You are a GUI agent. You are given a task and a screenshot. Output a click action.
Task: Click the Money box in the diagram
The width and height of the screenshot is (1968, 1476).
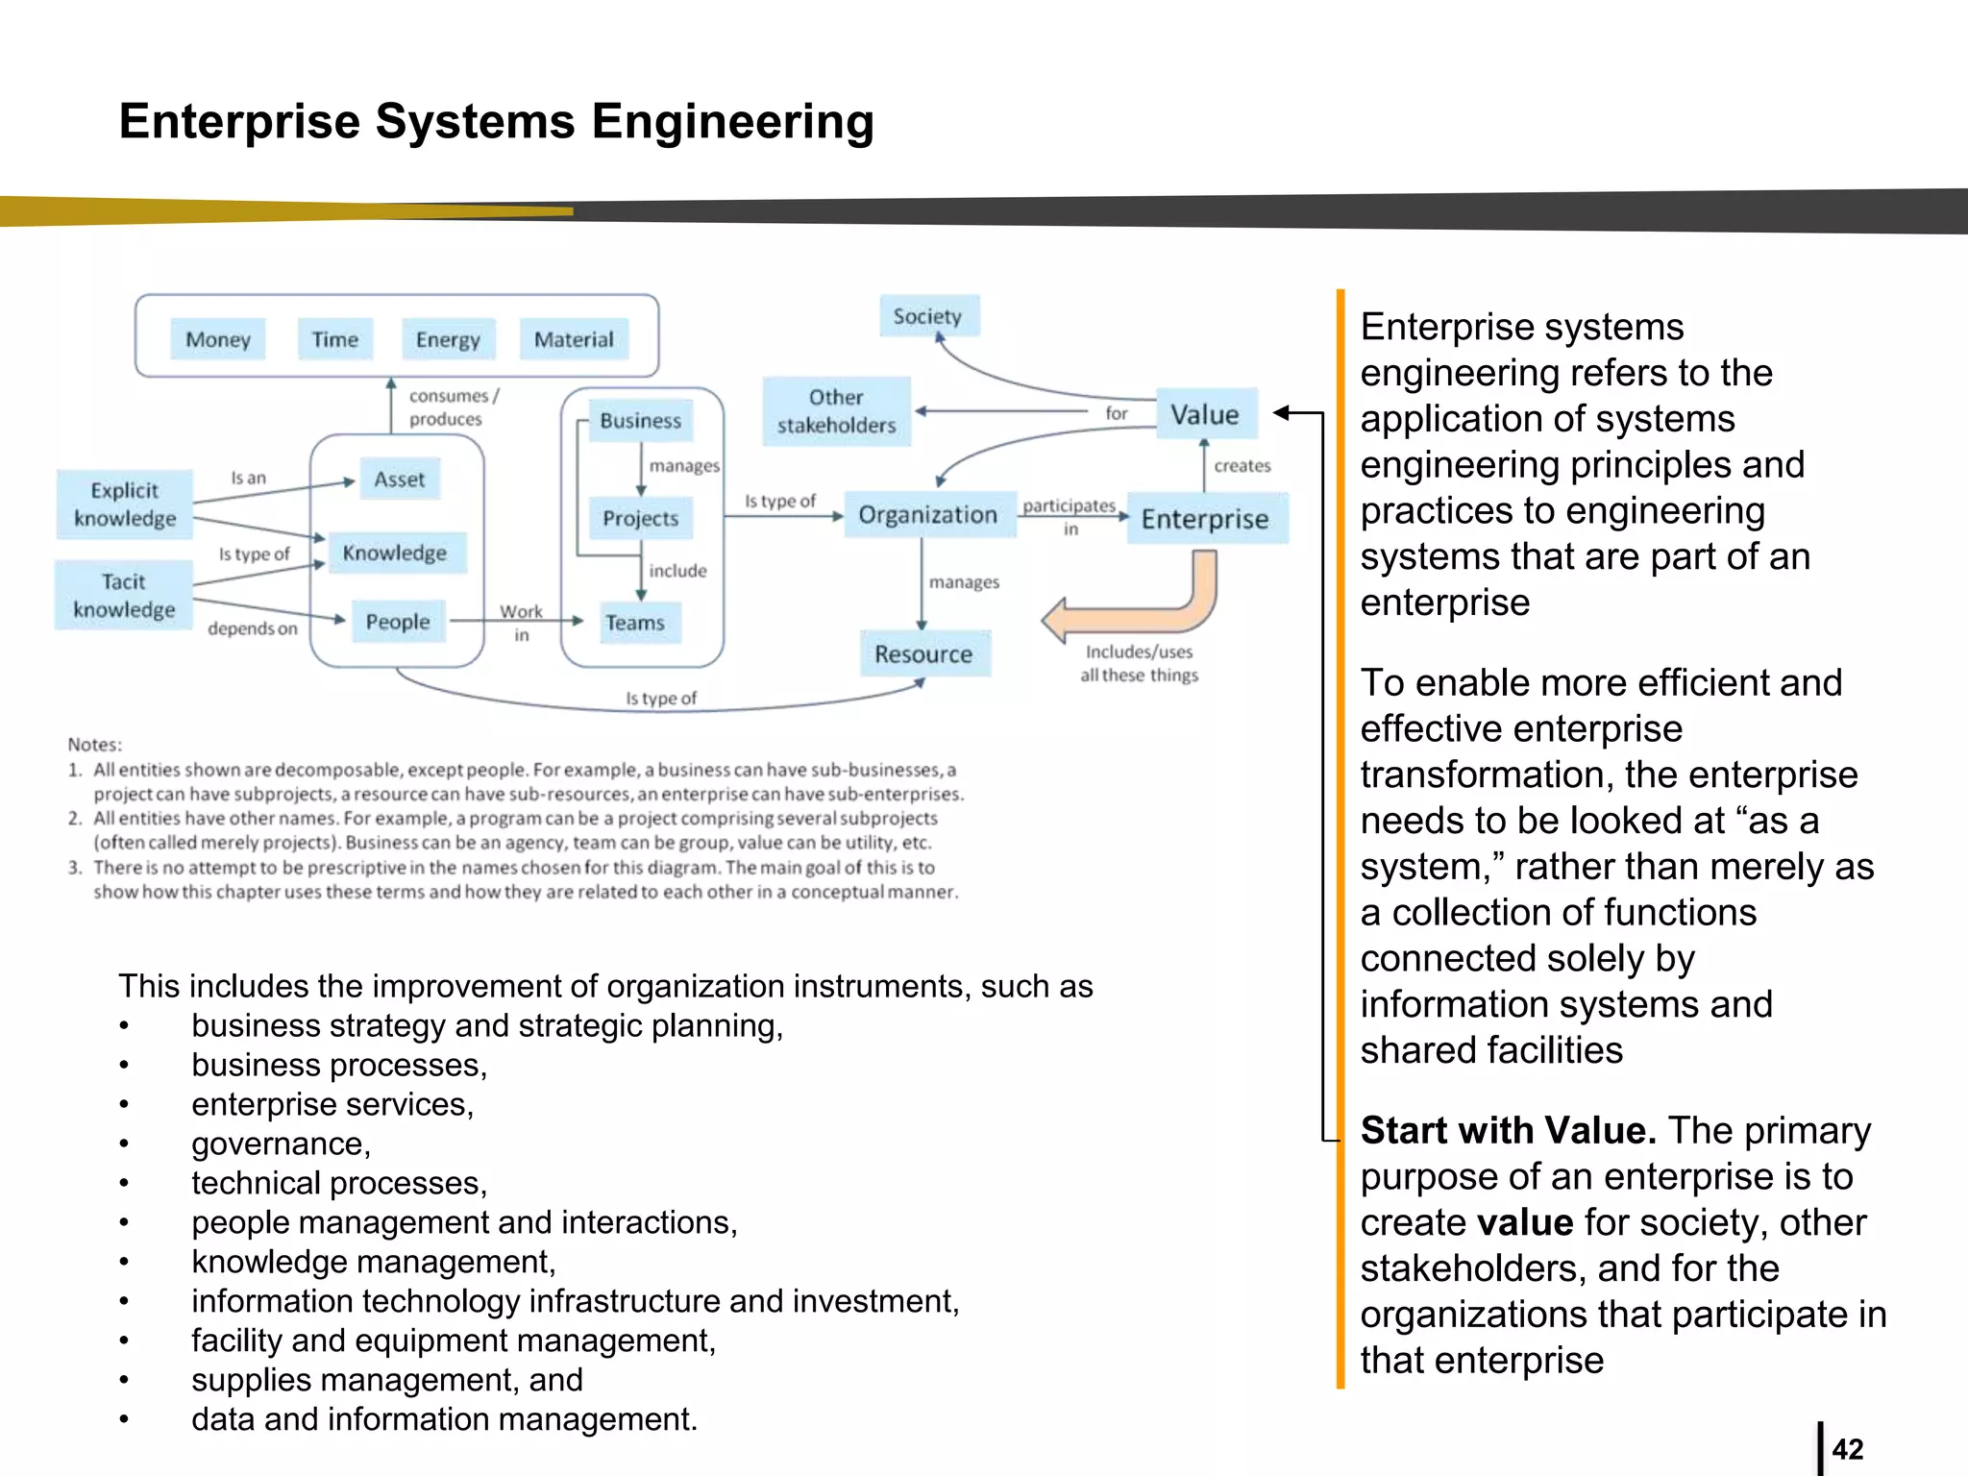coord(218,339)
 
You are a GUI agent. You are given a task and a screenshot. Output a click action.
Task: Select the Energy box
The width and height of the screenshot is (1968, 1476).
coord(448,339)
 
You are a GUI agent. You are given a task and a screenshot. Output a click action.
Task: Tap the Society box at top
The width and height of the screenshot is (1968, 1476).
coord(928,316)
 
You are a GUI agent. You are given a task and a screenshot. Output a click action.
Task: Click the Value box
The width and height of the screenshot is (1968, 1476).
coord(1205,414)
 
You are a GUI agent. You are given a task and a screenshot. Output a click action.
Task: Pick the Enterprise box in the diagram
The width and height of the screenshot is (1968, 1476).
coord(1206,519)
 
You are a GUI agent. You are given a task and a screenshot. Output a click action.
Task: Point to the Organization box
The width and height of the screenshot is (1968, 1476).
coord(928,515)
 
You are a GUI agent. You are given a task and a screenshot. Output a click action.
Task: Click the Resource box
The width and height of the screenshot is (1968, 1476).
coord(923,654)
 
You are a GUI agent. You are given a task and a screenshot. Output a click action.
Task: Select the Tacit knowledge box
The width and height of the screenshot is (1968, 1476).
coord(124,596)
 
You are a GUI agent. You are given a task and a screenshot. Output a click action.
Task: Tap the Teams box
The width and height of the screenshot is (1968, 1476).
coord(635,623)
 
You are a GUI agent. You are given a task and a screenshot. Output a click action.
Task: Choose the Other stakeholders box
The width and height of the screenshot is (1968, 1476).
coord(836,411)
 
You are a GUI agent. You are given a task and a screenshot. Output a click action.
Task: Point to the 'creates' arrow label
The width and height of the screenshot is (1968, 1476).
coord(1242,466)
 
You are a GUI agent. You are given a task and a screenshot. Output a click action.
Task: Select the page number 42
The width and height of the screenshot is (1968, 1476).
coord(1847,1449)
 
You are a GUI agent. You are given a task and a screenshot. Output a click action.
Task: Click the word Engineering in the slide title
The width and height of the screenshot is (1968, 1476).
coord(732,122)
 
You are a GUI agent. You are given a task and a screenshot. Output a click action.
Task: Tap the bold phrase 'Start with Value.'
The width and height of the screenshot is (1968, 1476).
coord(1508,1131)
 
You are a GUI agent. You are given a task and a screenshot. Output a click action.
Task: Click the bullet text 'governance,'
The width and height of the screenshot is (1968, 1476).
coord(281,1144)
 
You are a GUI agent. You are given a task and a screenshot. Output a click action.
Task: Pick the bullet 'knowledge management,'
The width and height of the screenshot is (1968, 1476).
coord(373,1262)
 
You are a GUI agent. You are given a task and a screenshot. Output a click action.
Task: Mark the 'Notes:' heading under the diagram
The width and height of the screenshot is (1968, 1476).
coord(94,745)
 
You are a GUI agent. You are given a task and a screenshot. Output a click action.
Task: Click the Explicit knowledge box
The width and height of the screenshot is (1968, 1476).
coord(125,504)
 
